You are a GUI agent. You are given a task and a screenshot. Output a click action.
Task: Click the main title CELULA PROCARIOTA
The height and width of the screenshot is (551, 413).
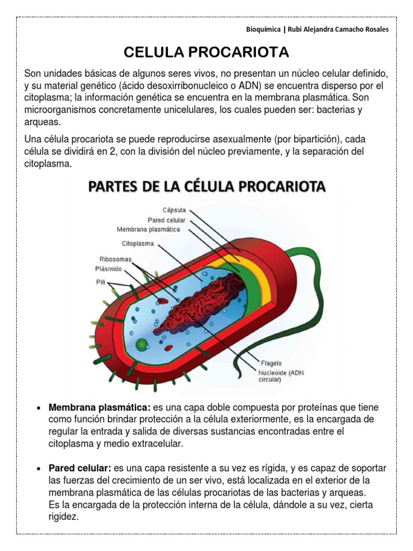point(206,52)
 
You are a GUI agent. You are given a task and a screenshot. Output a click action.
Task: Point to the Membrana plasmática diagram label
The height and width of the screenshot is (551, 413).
point(148,229)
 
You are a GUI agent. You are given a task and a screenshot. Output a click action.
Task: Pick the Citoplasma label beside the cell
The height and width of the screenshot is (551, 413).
point(138,243)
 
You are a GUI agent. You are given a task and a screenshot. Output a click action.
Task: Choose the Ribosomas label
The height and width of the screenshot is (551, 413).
point(115,259)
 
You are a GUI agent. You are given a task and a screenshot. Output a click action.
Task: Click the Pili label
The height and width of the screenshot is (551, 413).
point(101,281)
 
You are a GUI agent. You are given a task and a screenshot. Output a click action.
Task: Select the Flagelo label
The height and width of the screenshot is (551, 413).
point(270,363)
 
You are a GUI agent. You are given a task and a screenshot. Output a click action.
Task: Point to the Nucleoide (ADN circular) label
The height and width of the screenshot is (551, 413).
point(280,375)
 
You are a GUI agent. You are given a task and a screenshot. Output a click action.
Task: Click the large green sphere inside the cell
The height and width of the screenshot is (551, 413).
point(141,344)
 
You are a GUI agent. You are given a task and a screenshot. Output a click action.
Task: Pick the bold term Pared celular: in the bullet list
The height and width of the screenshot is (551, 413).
point(80,468)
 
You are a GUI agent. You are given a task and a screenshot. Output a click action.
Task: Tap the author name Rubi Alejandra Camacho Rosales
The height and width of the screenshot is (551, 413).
point(334,30)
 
